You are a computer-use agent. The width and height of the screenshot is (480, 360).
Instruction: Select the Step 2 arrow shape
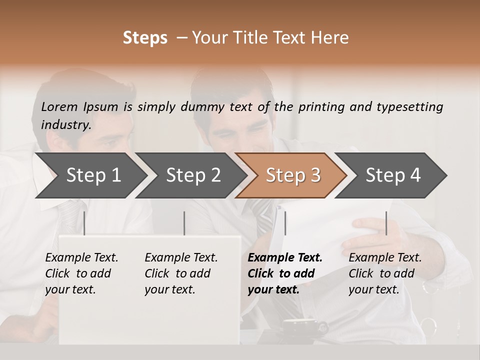pos(192,175)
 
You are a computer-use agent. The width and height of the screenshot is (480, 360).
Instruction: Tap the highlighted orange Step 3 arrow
pos(292,175)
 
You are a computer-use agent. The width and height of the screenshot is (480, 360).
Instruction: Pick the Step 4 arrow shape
pos(393,175)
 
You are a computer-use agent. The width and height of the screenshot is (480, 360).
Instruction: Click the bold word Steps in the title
pos(145,38)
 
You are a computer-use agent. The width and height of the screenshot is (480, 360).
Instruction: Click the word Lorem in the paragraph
pos(59,106)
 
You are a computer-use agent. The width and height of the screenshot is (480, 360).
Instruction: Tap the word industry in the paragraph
pos(66,124)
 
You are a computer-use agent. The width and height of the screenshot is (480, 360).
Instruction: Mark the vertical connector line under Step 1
pos(84,223)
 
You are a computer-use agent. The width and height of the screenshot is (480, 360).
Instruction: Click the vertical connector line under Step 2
pos(184,223)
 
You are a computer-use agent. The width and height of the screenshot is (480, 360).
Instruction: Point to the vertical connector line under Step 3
pos(285,223)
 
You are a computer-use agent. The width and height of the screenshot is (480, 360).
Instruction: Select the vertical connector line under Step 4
pos(386,223)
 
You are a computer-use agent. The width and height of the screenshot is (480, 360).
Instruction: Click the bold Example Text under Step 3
pos(285,258)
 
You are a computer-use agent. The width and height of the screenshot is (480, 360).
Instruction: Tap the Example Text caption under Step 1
pos(81,258)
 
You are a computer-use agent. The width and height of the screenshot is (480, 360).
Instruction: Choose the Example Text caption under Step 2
pos(181,258)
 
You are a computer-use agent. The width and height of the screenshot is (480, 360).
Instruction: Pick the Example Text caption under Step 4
pos(385,258)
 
